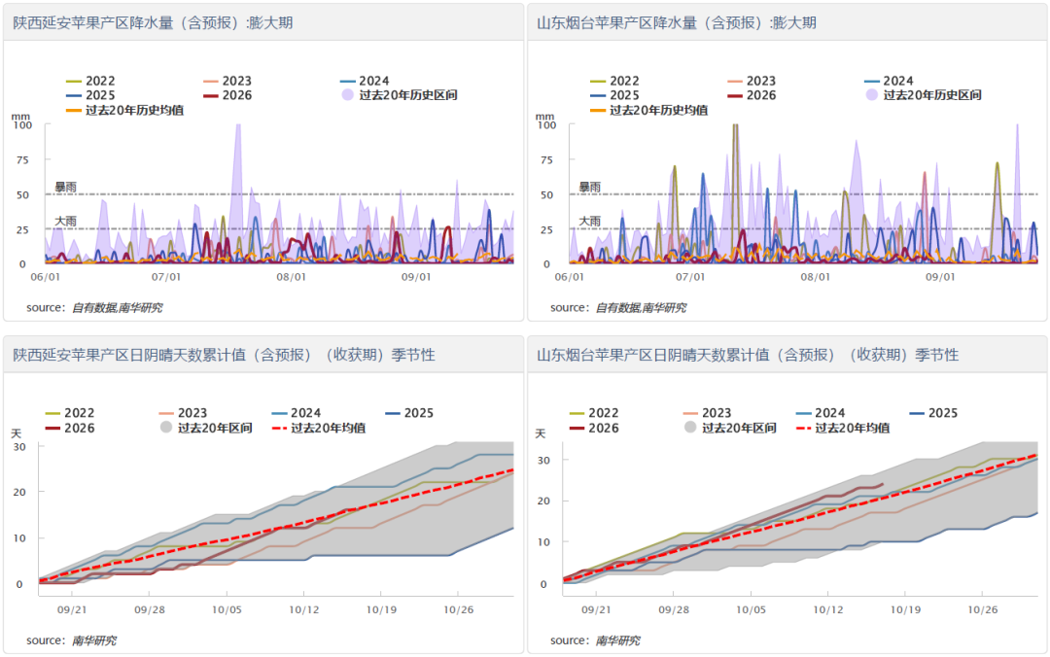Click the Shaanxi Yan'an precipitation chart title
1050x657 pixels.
153,22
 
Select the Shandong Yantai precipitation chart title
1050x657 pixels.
677,22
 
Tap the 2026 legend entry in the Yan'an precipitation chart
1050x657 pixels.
227,95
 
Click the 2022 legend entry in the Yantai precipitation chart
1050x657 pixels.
614,81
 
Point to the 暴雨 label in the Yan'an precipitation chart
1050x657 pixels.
66,187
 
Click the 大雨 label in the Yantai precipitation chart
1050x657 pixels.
590,221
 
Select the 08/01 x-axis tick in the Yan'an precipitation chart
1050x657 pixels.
291,277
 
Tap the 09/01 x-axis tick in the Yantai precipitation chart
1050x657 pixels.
940,277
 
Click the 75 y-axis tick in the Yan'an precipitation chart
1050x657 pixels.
22,160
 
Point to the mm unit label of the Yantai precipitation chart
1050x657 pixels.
544,117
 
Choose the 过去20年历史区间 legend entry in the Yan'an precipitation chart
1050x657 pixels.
400,95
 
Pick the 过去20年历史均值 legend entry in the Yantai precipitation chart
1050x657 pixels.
648,110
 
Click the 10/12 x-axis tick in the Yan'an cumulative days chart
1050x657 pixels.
303,609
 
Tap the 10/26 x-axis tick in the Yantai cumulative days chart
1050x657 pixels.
982,609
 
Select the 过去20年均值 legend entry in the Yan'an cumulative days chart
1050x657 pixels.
319,428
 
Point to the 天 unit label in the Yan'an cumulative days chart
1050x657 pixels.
17,434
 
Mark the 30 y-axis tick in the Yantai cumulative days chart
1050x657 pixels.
543,461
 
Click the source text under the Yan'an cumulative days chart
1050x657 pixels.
71,640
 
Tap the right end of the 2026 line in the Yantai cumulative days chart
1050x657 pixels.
883,484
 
